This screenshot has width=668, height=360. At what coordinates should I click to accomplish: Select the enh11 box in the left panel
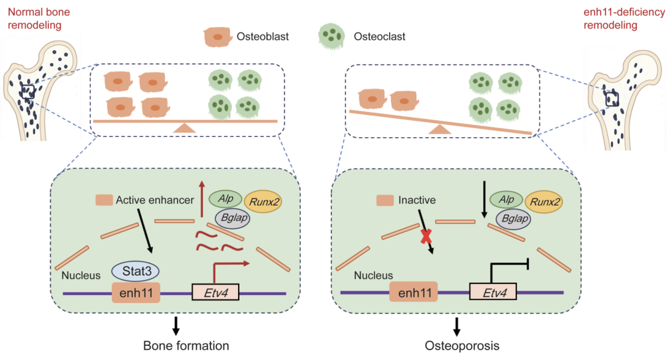(x=135, y=293)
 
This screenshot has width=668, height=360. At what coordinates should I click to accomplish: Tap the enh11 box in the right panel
(x=413, y=293)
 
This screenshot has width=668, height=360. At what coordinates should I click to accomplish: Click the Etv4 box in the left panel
(x=216, y=293)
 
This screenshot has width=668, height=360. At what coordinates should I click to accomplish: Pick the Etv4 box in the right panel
(x=493, y=293)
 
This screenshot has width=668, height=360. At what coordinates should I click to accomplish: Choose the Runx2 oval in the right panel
(x=549, y=200)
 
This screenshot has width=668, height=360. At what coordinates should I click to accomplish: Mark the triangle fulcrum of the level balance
(x=183, y=127)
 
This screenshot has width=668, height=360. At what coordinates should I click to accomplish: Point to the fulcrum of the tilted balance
(x=440, y=129)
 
